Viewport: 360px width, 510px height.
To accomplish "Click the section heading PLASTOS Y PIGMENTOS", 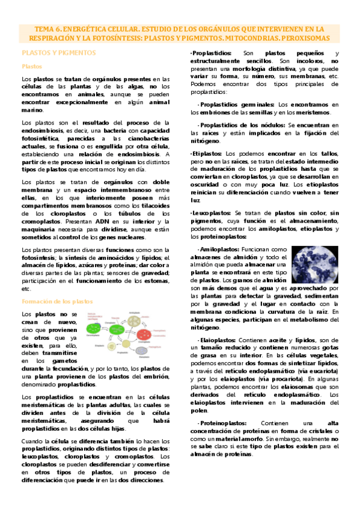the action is (x=58, y=53).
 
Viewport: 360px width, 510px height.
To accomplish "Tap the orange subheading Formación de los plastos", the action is (x=58, y=301).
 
